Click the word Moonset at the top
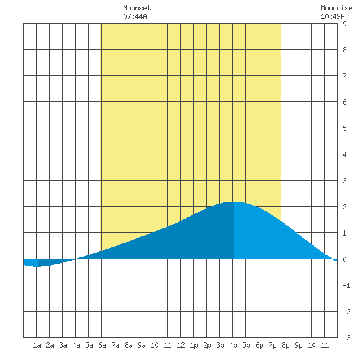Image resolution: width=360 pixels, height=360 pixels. [137, 8]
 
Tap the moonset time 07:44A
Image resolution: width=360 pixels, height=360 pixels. [135, 16]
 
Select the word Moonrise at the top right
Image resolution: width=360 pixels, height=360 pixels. [336, 8]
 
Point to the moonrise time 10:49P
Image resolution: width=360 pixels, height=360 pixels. [333, 16]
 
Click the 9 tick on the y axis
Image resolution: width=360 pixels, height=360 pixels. [344, 24]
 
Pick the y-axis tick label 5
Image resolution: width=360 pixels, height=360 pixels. [344, 128]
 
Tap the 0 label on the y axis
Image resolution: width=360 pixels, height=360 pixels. [344, 259]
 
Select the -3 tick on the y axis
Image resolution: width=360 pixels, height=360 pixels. [346, 338]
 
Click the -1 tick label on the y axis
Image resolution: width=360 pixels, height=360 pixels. [346, 285]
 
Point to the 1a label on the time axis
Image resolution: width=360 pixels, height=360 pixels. [37, 345]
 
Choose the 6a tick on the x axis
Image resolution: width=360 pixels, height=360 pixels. [102, 345]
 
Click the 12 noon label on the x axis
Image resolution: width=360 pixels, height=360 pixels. [181, 345]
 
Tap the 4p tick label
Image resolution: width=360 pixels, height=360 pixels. [233, 345]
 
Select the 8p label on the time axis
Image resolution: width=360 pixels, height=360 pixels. [285, 345]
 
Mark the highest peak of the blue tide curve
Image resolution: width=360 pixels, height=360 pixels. [234, 202]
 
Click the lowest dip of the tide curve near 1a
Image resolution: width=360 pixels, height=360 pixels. [37, 267]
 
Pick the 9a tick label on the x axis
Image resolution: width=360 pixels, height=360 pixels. [141, 345]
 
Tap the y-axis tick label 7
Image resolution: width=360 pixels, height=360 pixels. [344, 76]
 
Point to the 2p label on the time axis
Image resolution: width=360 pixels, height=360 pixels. [207, 345]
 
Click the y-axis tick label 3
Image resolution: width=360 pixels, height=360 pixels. [344, 181]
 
